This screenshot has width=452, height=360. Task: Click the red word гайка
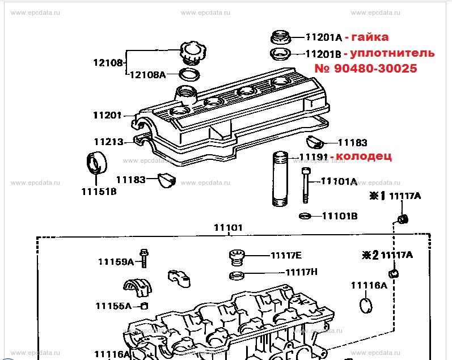(x=370, y=37)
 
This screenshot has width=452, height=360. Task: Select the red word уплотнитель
(x=392, y=53)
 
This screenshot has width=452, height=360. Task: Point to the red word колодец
(x=364, y=155)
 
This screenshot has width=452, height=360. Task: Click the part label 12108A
(x=148, y=74)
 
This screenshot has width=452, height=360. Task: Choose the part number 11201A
(x=323, y=38)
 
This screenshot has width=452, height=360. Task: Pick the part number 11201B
(x=323, y=54)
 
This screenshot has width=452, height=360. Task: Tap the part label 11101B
(x=340, y=215)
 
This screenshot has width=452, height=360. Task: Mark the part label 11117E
(x=286, y=255)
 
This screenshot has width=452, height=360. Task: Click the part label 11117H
(x=301, y=272)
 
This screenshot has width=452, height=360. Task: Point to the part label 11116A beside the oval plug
(x=369, y=285)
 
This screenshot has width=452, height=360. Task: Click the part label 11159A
(x=116, y=261)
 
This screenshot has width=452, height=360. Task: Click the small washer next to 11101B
(x=305, y=215)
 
